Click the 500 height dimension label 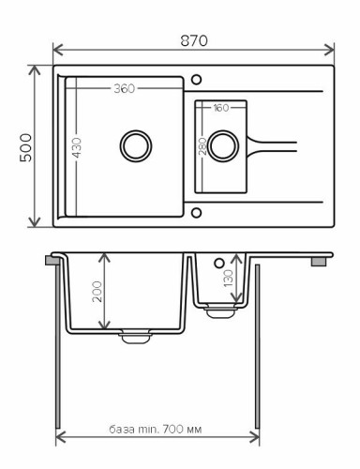[x=25, y=147]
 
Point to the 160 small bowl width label [x=220, y=107]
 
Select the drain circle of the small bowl [x=222, y=145]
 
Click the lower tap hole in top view [x=196, y=212]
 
